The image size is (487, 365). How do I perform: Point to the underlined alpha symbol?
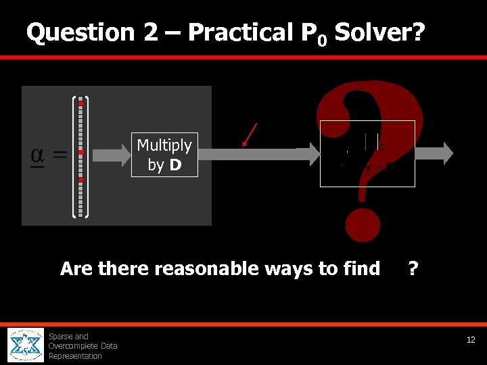click(39, 155)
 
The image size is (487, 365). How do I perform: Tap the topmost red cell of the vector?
click(80, 103)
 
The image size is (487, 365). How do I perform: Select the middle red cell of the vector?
click(80, 153)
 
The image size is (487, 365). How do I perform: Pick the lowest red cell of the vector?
click(80, 180)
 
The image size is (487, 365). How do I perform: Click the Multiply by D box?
click(164, 155)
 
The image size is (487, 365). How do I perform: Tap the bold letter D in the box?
click(175, 165)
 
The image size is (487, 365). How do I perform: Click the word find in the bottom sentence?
click(361, 269)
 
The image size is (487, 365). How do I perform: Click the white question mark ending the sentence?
click(413, 269)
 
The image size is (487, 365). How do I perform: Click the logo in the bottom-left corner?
click(26, 345)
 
